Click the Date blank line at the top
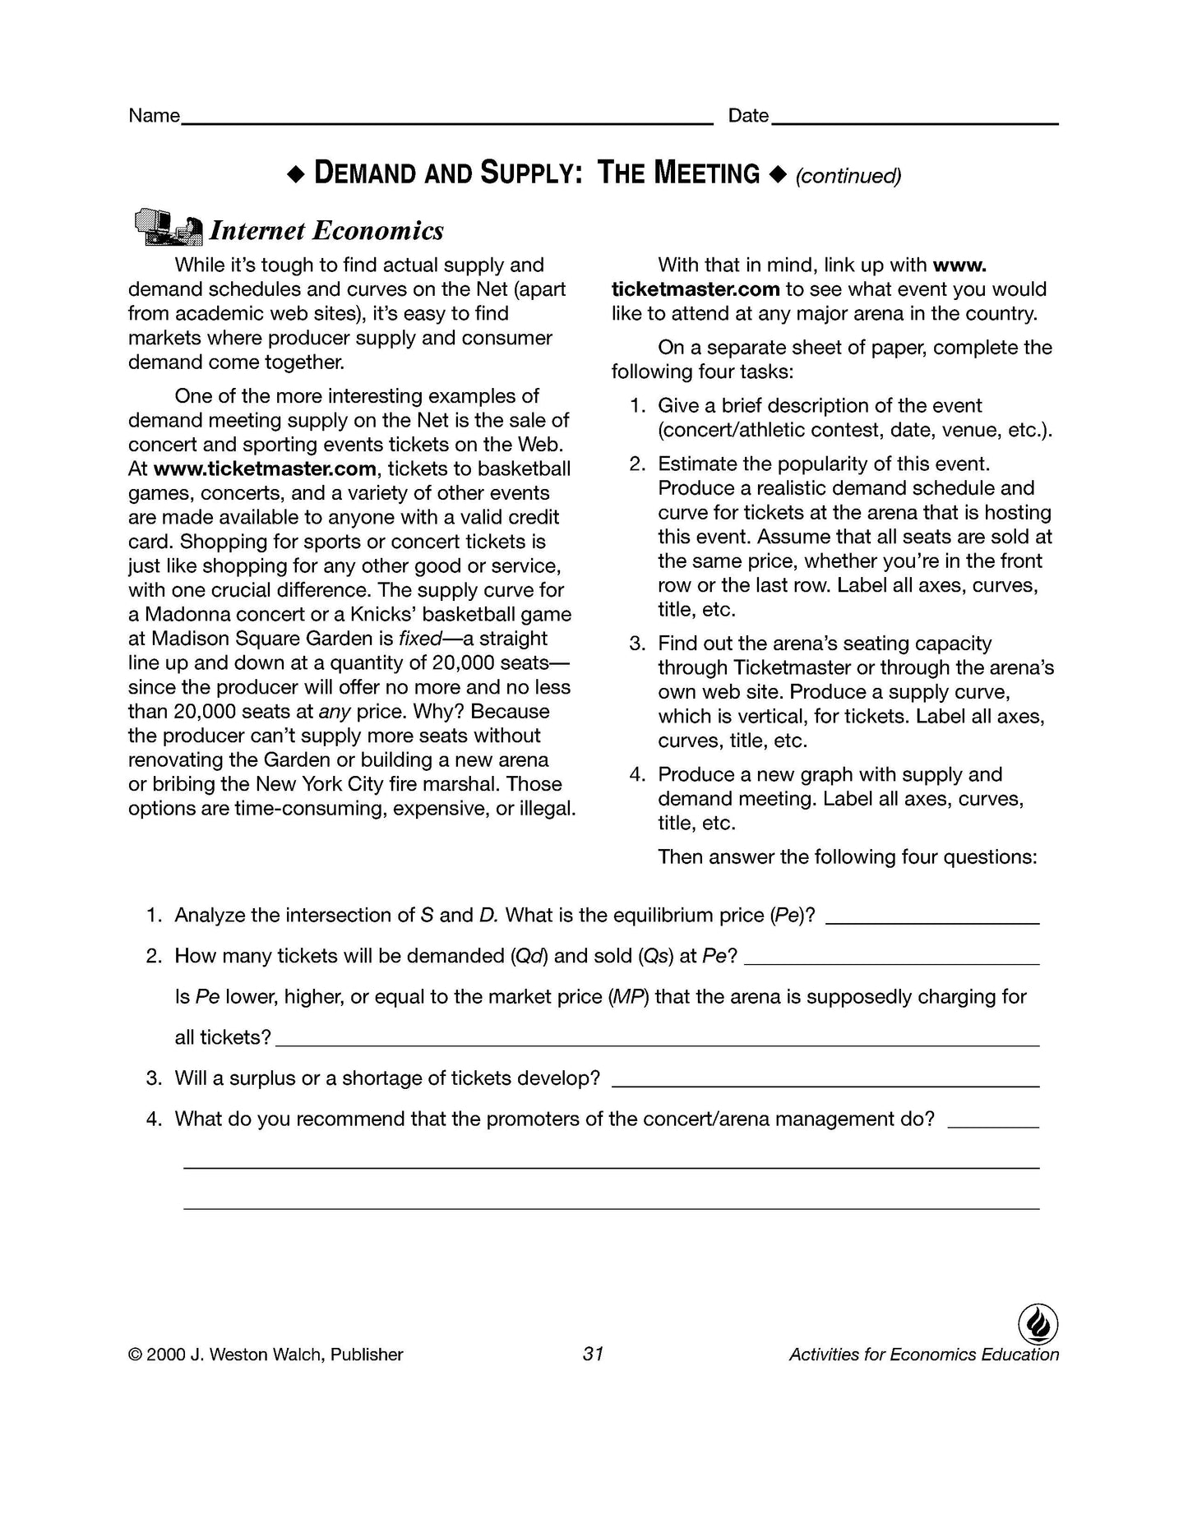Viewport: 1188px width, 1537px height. (x=914, y=122)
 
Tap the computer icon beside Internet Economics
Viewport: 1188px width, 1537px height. (x=167, y=227)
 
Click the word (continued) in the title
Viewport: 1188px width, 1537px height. (x=848, y=176)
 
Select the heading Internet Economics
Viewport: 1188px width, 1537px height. (x=326, y=231)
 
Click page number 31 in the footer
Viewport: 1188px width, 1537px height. (x=593, y=1354)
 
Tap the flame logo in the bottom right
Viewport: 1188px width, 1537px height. (x=1038, y=1324)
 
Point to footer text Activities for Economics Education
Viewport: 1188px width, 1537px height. (x=923, y=1355)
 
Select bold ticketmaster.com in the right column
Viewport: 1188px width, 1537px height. (x=696, y=289)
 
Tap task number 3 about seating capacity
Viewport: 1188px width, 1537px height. (x=637, y=644)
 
